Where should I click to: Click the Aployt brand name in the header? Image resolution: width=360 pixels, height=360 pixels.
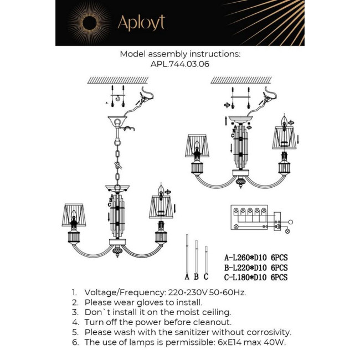[x=141, y=23]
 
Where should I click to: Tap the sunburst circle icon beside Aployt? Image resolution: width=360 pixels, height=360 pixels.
[x=89, y=23]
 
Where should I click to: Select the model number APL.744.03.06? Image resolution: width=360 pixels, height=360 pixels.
[x=179, y=64]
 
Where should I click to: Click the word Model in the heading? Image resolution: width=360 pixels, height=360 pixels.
[x=132, y=54]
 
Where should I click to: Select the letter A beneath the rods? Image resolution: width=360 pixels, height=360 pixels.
[x=187, y=277]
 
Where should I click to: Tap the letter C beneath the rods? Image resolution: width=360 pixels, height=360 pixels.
[x=206, y=277]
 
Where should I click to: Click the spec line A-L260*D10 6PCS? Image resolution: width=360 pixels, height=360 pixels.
[x=255, y=258]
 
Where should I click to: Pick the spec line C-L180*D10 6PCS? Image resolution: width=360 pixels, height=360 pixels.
[x=255, y=277]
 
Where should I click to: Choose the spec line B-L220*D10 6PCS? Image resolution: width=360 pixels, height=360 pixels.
[x=255, y=268]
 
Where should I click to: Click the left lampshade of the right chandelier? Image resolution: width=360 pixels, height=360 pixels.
[x=196, y=146]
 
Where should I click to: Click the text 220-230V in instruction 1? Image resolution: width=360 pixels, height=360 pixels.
[x=183, y=292]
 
